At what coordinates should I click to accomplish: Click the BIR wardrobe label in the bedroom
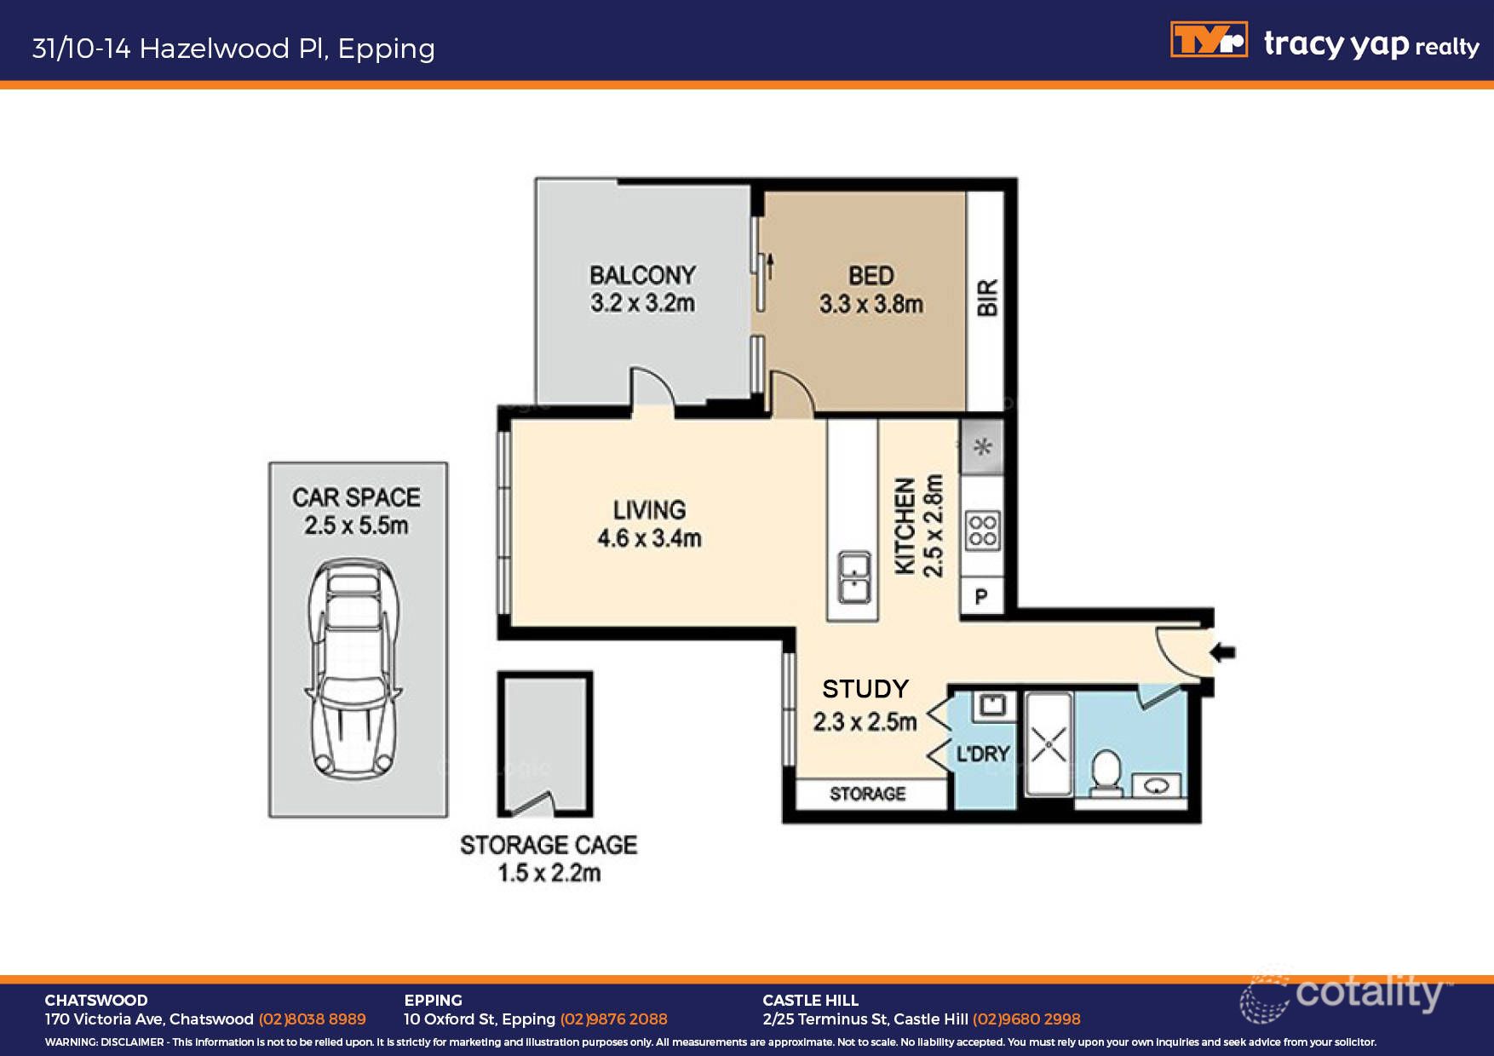point(986,298)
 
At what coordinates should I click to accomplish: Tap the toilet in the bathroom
point(1106,772)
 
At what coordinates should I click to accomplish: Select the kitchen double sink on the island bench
point(853,577)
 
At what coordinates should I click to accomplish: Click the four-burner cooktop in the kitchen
point(982,531)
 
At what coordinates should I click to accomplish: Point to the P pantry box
point(981,597)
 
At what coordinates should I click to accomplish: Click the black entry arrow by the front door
point(1223,653)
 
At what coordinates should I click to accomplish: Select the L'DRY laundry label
point(983,755)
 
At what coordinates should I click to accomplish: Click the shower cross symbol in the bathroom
point(1049,747)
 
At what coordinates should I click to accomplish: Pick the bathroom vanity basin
point(1156,785)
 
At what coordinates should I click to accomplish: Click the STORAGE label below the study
point(867,794)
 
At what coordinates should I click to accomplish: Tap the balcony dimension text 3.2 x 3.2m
point(642,303)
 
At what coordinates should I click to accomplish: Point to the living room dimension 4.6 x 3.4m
point(649,538)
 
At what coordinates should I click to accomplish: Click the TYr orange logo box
point(1209,40)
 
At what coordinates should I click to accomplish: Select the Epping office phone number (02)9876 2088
point(613,1019)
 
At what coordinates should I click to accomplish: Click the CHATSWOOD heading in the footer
point(96,1000)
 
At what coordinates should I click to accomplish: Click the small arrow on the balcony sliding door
point(770,266)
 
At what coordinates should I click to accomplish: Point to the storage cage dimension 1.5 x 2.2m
point(549,873)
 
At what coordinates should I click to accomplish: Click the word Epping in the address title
point(386,49)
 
